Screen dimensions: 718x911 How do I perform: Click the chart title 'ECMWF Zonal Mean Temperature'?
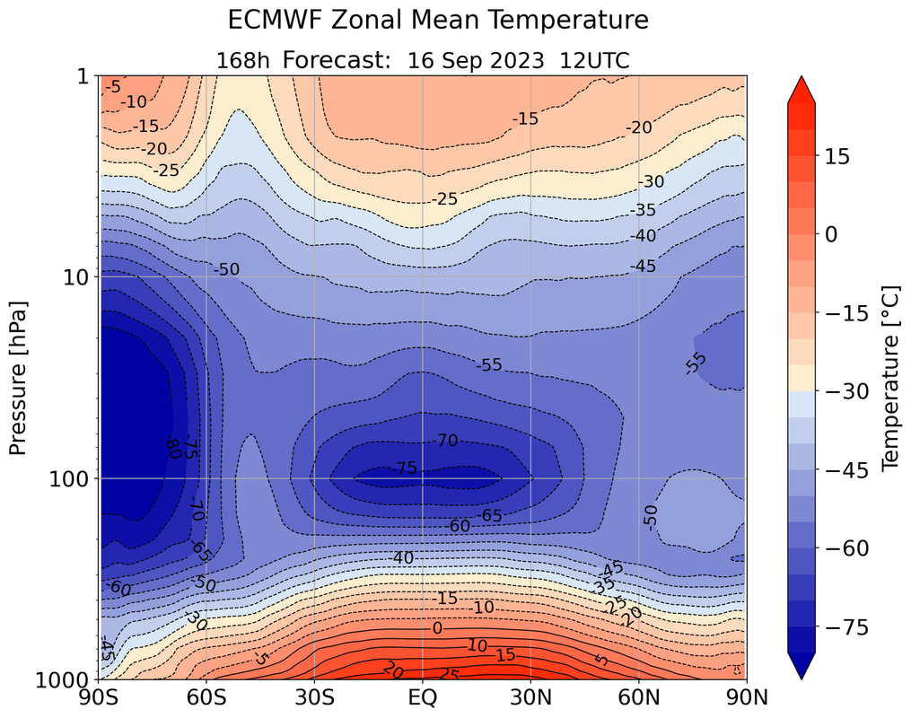[437, 20]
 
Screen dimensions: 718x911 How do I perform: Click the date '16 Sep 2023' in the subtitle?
[475, 60]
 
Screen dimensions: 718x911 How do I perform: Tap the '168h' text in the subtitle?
[243, 60]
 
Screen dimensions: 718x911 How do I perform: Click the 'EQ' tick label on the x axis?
[423, 697]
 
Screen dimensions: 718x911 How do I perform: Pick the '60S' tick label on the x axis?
[206, 697]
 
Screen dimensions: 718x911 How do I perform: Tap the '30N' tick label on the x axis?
[530, 697]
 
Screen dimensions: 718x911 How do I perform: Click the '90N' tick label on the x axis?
[747, 697]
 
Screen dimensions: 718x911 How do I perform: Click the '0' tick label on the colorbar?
[831, 234]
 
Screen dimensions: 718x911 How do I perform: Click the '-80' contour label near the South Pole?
[173, 446]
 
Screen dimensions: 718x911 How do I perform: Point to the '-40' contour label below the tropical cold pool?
[401, 558]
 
